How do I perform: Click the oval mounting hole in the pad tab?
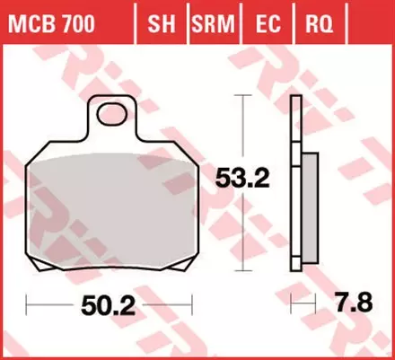click(x=112, y=113)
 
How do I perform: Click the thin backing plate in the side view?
click(x=294, y=180)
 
